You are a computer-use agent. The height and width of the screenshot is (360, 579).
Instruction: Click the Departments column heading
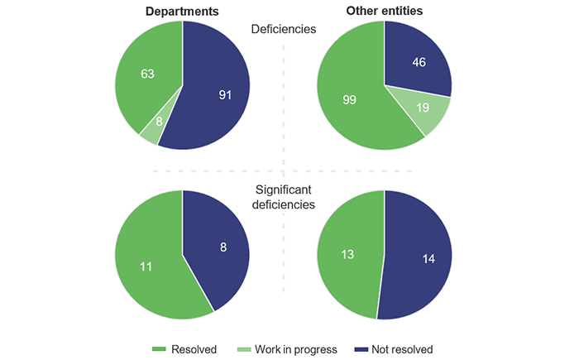181,12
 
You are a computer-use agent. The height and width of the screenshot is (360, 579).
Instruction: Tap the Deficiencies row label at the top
284,28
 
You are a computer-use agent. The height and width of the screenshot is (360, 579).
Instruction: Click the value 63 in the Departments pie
148,74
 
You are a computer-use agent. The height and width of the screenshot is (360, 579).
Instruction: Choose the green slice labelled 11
147,266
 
